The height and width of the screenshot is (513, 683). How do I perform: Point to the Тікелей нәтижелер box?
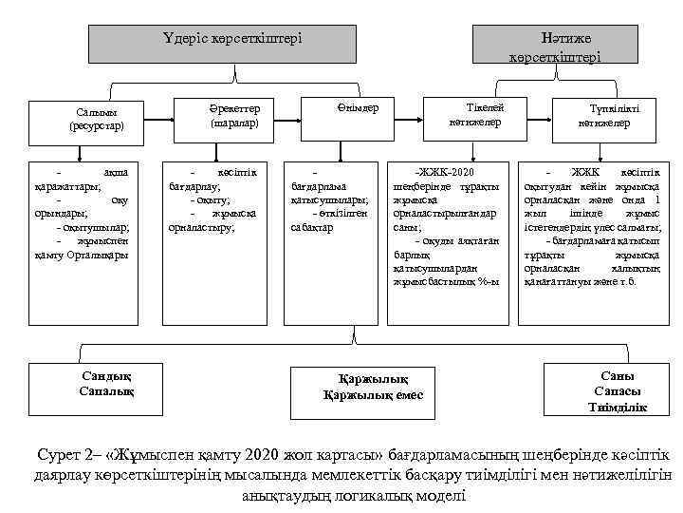[474, 115]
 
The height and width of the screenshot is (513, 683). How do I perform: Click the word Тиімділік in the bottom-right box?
[618, 408]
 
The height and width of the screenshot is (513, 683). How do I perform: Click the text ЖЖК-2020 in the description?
[452, 169]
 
